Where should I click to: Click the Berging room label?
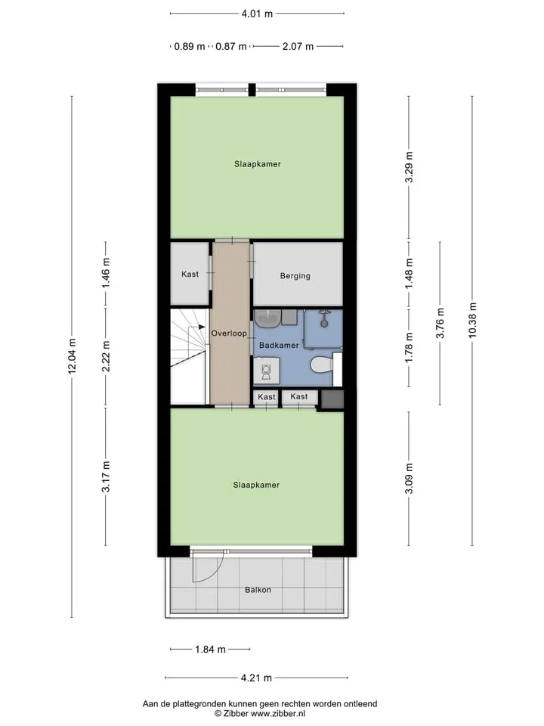pyautogui.click(x=295, y=276)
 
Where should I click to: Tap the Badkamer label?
pyautogui.click(x=279, y=346)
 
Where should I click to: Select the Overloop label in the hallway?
pyautogui.click(x=229, y=333)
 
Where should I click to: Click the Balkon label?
pyautogui.click(x=258, y=590)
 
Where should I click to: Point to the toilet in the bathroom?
pyautogui.click(x=322, y=365)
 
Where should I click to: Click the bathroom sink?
pyautogui.click(x=267, y=318)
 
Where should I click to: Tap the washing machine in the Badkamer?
pyautogui.click(x=267, y=371)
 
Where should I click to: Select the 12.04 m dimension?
pyautogui.click(x=73, y=356)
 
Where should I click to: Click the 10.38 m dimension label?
pyautogui.click(x=472, y=321)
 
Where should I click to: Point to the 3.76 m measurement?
pyautogui.click(x=440, y=323)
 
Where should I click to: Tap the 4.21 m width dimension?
pyautogui.click(x=256, y=678)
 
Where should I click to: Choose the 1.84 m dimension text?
pyautogui.click(x=210, y=650)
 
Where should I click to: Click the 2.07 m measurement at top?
pyautogui.click(x=298, y=46)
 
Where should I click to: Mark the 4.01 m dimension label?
pyautogui.click(x=257, y=14)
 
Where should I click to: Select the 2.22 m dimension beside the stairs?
pyautogui.click(x=106, y=356)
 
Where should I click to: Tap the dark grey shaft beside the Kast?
pyautogui.click(x=332, y=399)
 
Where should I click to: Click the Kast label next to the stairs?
pyautogui.click(x=190, y=274)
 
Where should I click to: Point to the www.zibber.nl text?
pyautogui.click(x=278, y=714)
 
